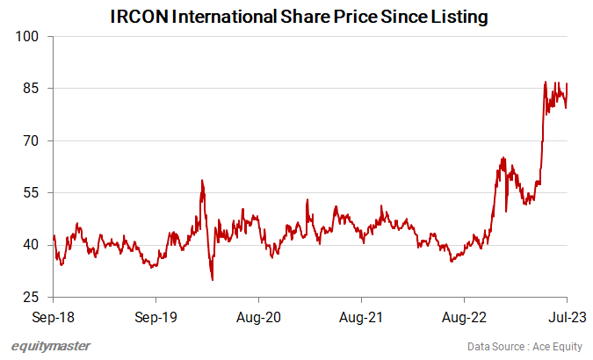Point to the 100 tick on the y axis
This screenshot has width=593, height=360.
click(x=29, y=37)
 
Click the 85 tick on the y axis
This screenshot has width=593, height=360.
click(x=33, y=89)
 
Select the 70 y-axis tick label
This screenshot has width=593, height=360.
click(x=33, y=140)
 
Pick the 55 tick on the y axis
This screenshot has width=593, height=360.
click(x=33, y=192)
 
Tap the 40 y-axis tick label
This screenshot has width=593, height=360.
click(x=33, y=245)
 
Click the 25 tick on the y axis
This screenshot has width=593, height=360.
click(x=33, y=297)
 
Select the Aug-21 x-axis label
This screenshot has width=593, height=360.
click(x=361, y=315)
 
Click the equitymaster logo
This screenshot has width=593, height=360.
click(x=51, y=346)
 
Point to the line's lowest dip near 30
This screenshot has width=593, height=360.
click(x=213, y=279)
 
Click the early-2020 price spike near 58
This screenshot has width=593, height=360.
click(x=202, y=181)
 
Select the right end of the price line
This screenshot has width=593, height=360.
click(x=567, y=84)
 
